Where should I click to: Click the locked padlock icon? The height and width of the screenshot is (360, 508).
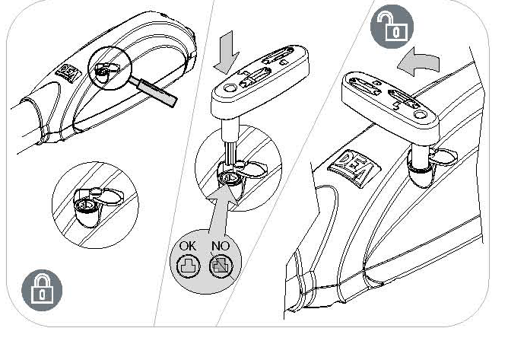pyautogui.click(x=42, y=290)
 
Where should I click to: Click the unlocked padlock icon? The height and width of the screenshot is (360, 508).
pyautogui.click(x=392, y=27)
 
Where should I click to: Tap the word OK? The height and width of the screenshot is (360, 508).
pyautogui.click(x=188, y=246)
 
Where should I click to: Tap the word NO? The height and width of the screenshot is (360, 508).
pyautogui.click(x=221, y=246)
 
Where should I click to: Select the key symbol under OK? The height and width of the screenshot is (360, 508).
pyautogui.click(x=188, y=266)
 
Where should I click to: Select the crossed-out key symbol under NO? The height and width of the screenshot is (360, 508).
pyautogui.click(x=221, y=266)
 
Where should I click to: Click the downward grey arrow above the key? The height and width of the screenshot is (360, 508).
pyautogui.click(x=226, y=53)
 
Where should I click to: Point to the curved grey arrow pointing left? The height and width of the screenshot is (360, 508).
pyautogui.click(x=419, y=62)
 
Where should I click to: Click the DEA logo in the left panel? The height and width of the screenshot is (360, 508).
pyautogui.click(x=68, y=73)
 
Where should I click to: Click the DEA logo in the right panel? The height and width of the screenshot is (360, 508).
pyautogui.click(x=351, y=169)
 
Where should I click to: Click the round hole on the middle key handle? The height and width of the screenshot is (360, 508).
pyautogui.click(x=230, y=88)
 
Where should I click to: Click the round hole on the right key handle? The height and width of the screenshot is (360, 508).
pyautogui.click(x=421, y=114)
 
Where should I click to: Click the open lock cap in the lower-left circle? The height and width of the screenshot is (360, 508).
pyautogui.click(x=110, y=196)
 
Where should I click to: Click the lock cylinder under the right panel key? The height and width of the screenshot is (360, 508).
pyautogui.click(x=421, y=173)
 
